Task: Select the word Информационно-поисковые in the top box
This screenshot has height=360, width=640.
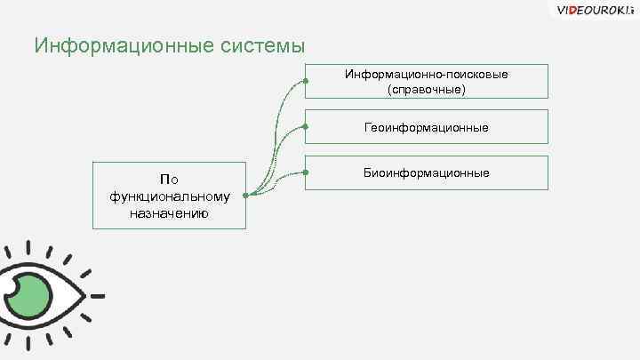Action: (x=426, y=75)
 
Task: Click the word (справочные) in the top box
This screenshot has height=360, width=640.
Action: (x=426, y=90)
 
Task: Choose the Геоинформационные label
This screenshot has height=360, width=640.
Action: (x=426, y=128)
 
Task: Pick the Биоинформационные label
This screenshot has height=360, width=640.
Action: (x=426, y=172)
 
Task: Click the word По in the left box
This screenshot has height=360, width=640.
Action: (x=169, y=180)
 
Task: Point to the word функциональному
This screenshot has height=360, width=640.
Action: (x=169, y=196)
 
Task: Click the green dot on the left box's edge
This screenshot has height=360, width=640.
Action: (x=244, y=195)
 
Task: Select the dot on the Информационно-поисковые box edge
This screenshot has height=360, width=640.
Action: (x=305, y=81)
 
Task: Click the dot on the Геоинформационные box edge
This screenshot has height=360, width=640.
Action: (x=305, y=127)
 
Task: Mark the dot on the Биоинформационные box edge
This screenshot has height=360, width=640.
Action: (x=305, y=172)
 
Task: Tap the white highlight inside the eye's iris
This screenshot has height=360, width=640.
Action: (x=12, y=288)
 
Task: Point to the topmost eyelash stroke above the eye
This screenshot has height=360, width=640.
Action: (x=29, y=246)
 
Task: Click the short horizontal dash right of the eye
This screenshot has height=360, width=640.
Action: (x=97, y=294)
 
